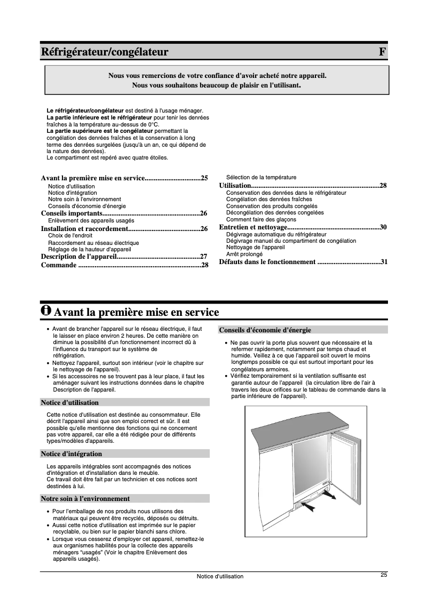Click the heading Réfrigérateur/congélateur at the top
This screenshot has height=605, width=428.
coord(105,52)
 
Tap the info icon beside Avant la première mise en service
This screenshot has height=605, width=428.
coord(46,310)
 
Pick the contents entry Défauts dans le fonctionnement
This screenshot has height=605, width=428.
coord(267,262)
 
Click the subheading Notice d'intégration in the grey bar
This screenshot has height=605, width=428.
coord(72,453)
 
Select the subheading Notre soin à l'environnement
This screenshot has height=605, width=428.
coord(85,499)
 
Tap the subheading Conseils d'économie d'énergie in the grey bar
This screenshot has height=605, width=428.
coord(265,330)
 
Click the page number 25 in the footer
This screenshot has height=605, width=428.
coord(384,575)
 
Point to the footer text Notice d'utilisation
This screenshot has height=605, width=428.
coord(220,576)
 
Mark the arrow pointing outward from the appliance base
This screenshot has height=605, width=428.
coord(330,497)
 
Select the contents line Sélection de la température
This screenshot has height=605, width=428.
coord(261,177)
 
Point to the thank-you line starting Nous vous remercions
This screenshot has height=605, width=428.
coord(217,76)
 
